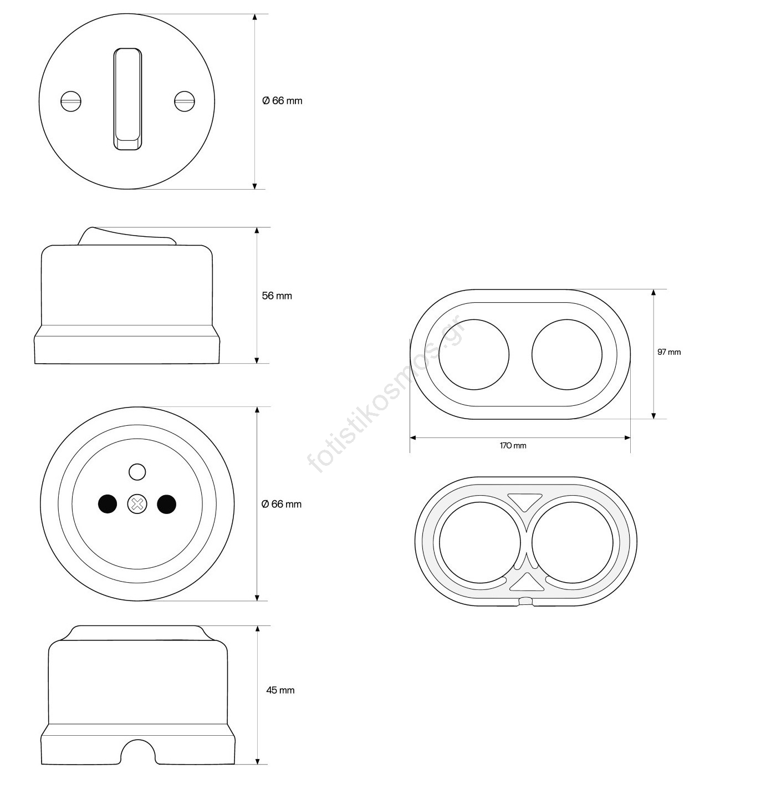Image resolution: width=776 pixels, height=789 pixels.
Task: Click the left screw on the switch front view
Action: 71,101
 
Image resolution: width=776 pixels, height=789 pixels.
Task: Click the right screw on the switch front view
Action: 185,101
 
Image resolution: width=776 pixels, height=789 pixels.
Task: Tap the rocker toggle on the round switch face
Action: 127,99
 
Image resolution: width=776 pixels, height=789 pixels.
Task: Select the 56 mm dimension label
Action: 277,296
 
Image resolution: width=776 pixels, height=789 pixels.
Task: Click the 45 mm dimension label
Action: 280,690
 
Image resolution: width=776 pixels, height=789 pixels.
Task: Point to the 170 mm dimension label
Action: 513,445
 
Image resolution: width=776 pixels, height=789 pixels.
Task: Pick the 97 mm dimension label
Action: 669,352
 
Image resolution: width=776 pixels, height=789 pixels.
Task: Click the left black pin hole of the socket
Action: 108,503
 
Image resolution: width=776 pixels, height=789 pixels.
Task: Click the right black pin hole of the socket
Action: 167,503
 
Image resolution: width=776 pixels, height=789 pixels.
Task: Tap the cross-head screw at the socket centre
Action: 137,503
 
